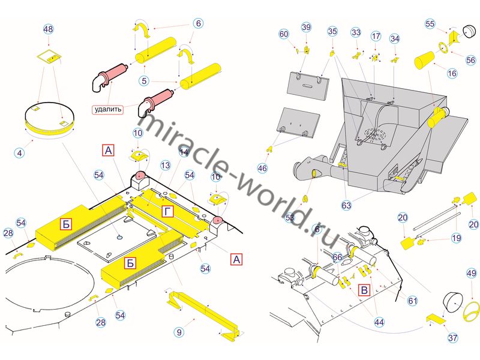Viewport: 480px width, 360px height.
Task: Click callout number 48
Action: click(49, 29)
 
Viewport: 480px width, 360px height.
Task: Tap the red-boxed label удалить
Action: click(109, 109)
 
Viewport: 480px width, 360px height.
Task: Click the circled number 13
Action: click(166, 165)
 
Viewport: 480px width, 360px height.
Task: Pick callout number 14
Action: click(184, 153)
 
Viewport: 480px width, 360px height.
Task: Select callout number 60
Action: click(284, 34)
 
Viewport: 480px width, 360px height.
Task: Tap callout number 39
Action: click(306, 28)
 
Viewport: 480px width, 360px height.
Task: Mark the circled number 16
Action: click(452, 73)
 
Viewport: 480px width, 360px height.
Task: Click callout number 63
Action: click(346, 205)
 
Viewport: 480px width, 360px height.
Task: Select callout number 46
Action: click(262, 169)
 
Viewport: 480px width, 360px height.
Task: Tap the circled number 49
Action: click(471, 273)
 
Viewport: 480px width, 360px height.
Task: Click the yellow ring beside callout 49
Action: click(470, 310)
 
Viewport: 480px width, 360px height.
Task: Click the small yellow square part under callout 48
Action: click(48, 57)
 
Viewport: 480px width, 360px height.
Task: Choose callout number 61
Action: click(412, 300)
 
